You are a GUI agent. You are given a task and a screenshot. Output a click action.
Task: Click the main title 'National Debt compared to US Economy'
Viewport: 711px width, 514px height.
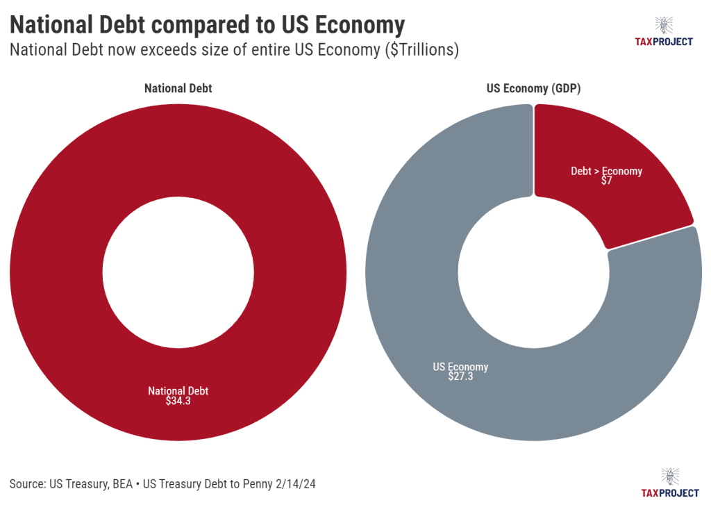(207, 25)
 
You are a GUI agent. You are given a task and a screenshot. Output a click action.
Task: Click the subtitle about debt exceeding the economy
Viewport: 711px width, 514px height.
(233, 51)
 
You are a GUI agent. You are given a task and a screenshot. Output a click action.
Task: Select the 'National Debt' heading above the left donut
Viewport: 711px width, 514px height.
(178, 89)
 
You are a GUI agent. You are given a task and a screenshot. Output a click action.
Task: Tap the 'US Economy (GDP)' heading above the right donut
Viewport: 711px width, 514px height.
(533, 89)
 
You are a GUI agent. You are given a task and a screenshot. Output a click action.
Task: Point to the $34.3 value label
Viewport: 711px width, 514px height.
(178, 401)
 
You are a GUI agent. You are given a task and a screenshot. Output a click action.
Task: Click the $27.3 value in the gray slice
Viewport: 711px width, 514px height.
(460, 377)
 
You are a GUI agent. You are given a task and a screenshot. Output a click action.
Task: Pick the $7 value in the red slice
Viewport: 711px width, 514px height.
(607, 181)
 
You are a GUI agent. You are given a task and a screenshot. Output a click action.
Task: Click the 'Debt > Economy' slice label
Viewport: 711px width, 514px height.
(607, 171)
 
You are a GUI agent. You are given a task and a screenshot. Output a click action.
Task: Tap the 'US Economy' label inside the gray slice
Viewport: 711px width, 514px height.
(460, 367)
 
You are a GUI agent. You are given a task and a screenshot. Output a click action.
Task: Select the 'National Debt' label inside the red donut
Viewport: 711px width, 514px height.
(178, 391)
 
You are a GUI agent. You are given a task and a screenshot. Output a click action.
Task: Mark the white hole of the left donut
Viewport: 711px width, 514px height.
(178, 272)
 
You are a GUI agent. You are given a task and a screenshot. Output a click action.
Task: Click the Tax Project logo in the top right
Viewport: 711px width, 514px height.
(664, 32)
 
